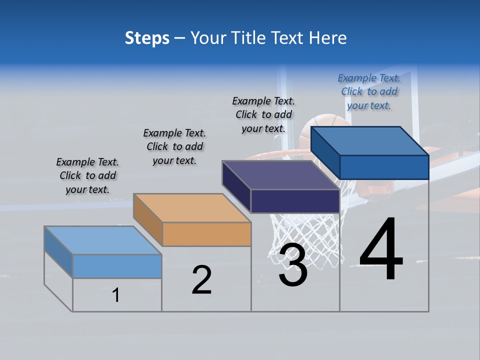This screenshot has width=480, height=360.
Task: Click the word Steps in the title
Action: coord(147,38)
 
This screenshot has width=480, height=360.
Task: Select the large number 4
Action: coord(381,249)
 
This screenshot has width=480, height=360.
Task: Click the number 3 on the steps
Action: coord(293,265)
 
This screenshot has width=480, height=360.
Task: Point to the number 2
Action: coord(201,280)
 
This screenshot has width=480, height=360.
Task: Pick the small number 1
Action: coord(116,295)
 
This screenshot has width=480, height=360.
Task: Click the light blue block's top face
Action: coord(103,240)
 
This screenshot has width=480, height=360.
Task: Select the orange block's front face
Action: coord(206,234)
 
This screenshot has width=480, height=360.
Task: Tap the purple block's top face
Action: coord(280,174)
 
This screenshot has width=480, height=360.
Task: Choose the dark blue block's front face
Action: coord(384,166)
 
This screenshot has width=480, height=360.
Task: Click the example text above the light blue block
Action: coord(87,175)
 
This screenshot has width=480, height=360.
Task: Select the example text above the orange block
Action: coord(174,146)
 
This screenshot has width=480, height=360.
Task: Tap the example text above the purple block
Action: coord(263,114)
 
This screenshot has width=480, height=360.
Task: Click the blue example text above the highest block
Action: coord(369,91)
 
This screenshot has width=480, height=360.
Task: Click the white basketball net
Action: coord(305,235)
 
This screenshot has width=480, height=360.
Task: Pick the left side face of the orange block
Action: coord(148,218)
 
